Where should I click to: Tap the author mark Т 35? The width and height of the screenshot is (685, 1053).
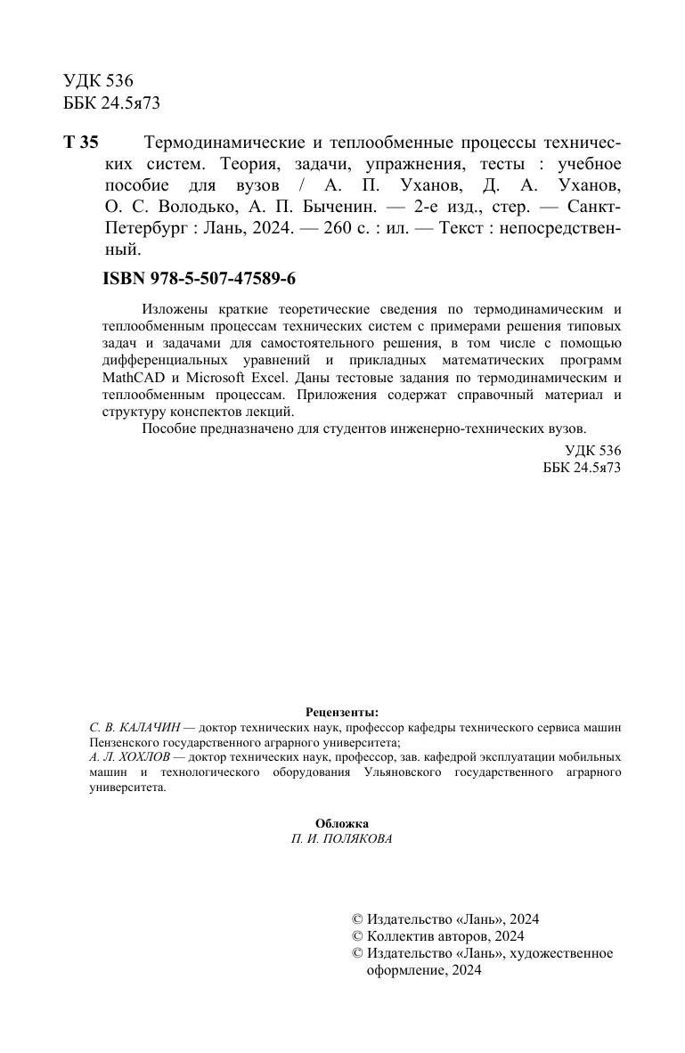click(x=81, y=143)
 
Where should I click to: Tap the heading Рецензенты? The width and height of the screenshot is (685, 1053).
click(x=342, y=712)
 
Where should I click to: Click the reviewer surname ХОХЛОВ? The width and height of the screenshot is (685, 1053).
click(x=146, y=756)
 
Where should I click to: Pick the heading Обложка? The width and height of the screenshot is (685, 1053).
click(x=342, y=823)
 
